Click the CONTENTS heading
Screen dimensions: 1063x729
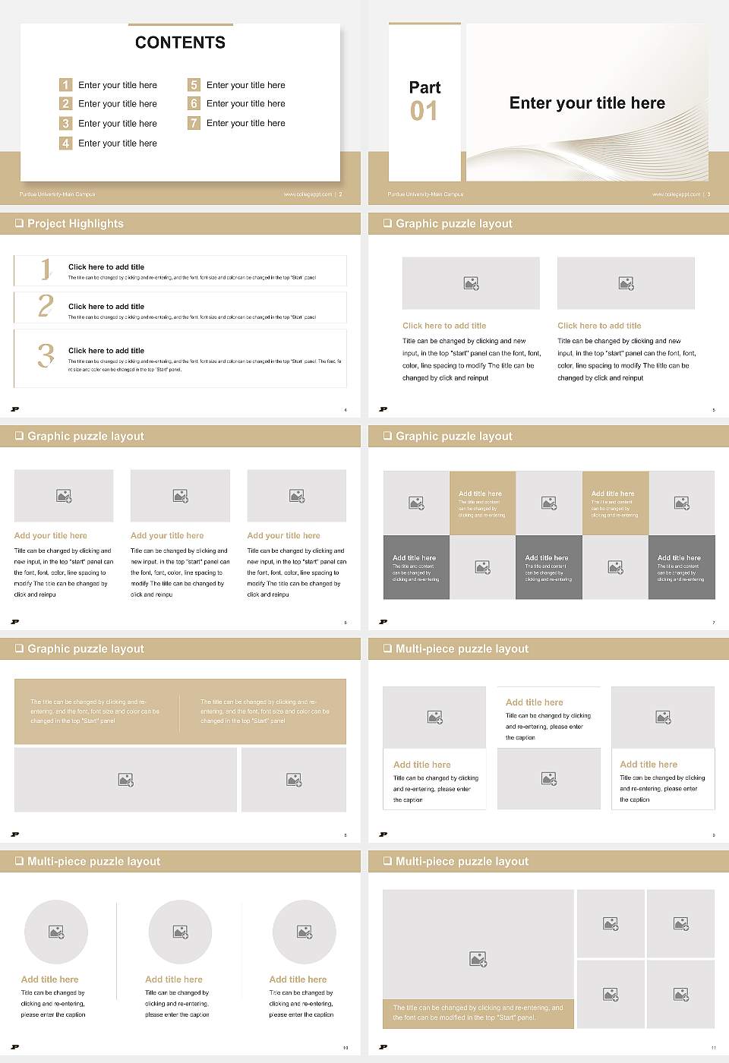pyautogui.click(x=180, y=43)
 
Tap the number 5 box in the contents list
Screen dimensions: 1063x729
pyautogui.click(x=194, y=85)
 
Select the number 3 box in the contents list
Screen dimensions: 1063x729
pyautogui.click(x=66, y=123)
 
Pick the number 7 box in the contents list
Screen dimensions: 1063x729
pyautogui.click(x=194, y=123)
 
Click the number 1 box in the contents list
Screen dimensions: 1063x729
pyautogui.click(x=66, y=85)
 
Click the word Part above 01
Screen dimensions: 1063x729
pyautogui.click(x=424, y=87)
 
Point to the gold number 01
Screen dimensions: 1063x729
pyautogui.click(x=424, y=112)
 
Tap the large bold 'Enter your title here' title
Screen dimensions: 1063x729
pyautogui.click(x=586, y=103)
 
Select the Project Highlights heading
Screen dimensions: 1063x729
pyautogui.click(x=75, y=224)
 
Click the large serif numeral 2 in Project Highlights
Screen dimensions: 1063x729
pyautogui.click(x=46, y=306)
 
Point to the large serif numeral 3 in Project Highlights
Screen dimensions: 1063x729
pyautogui.click(x=46, y=355)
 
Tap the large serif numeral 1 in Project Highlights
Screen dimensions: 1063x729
pyautogui.click(x=46, y=269)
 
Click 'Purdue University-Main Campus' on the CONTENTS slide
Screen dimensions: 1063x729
pyautogui.click(x=58, y=194)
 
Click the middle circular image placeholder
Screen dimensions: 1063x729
pyautogui.click(x=180, y=932)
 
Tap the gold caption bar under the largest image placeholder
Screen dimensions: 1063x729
pyautogui.click(x=478, y=1013)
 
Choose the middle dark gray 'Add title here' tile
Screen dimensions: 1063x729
pyautogui.click(x=548, y=567)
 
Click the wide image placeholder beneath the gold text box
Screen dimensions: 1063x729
pyautogui.click(x=126, y=780)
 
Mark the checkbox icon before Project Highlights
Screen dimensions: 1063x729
pyautogui.click(x=19, y=223)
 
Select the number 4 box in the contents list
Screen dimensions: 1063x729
pyautogui.click(x=66, y=143)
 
